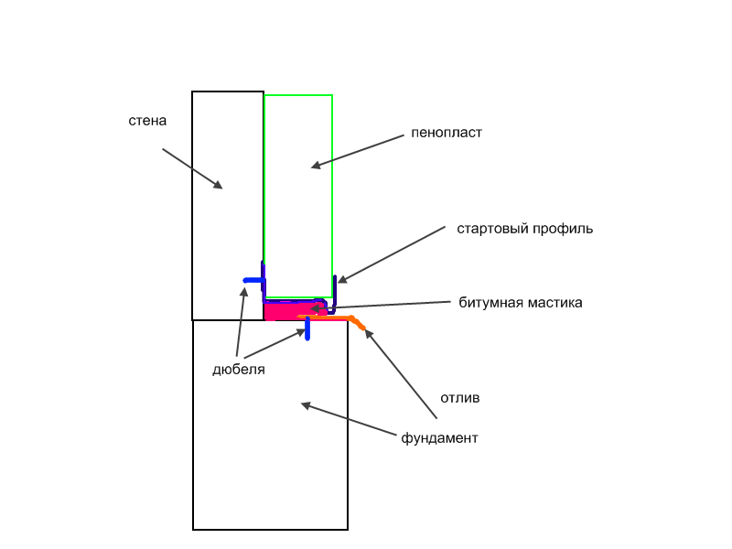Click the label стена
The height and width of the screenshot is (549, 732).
pos(147,121)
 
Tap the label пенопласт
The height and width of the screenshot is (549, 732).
pos(447,133)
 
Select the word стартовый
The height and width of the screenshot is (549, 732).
pos(492,230)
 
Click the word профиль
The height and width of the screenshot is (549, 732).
pos(563,230)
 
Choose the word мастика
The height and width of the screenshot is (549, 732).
pos(555,303)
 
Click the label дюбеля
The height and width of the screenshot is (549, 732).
pos(239,370)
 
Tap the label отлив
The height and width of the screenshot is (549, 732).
pos(460,398)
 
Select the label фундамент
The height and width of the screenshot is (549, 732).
pos(439,438)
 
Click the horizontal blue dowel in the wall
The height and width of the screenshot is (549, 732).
pos(254,280)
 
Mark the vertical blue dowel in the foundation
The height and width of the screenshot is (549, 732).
pos(307,328)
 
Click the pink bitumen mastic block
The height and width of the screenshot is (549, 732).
pos(294,311)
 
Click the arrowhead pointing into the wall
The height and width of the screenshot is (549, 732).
pos(218,185)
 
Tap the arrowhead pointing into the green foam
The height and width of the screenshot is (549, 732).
pos(316,165)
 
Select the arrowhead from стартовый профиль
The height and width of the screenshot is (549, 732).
pos(342,280)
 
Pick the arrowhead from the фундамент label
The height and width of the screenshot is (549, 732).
pos(306,405)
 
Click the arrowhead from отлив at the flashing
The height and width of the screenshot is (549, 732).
pos(369,334)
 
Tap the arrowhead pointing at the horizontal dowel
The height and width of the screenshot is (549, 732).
pos(243,292)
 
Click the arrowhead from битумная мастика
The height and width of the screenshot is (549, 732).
pos(315,308)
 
